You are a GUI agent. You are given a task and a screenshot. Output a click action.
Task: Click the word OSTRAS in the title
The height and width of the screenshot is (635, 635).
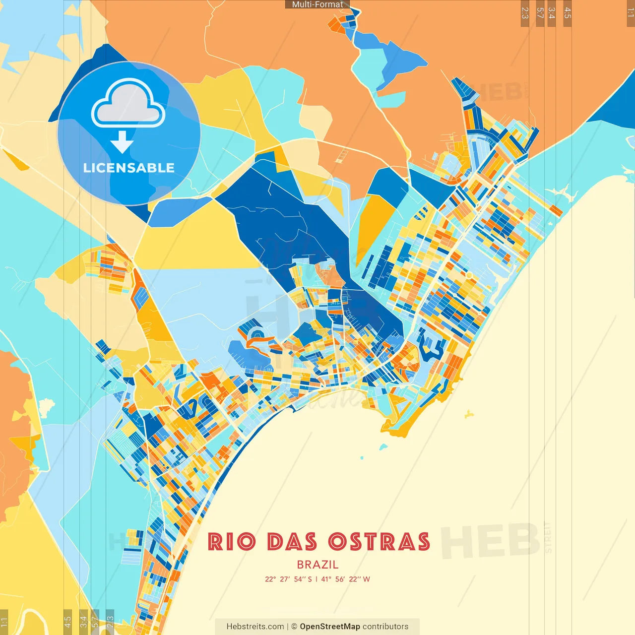pos(379,542)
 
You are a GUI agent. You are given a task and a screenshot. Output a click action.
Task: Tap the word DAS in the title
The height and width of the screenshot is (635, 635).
pos(292,542)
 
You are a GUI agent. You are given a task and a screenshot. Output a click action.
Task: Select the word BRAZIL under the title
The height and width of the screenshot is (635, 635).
pos(317,565)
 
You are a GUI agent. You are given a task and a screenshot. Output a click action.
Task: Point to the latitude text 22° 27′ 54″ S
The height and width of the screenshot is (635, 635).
pos(288,579)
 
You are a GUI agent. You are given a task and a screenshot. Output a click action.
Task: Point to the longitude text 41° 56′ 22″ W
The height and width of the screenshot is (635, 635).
pos(345,579)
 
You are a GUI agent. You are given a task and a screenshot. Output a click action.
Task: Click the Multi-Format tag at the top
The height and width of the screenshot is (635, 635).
pos(317,4)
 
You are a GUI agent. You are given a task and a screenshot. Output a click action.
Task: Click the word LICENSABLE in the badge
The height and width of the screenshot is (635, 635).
pos(128,168)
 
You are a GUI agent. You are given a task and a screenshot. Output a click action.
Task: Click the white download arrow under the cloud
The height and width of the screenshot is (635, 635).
pos(122,143)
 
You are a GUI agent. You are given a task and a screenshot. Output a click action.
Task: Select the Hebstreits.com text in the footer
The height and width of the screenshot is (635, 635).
pos(255,627)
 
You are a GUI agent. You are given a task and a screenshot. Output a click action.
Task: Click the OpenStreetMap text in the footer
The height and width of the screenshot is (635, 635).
pos(330,627)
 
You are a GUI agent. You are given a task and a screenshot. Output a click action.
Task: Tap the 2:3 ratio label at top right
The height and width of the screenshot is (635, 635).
pos(525,13)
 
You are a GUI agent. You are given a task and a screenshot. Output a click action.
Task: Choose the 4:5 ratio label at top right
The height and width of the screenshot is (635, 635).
pos(568,13)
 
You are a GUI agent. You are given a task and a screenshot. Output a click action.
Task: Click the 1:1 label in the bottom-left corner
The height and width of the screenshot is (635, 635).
pos(4,622)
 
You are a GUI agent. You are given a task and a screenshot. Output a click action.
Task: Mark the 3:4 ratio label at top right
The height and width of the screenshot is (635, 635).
pos(551,13)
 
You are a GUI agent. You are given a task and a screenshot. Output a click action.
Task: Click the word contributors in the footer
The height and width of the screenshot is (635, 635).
pos(385,627)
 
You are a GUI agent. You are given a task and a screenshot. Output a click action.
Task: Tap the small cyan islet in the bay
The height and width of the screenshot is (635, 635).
pos(383,447)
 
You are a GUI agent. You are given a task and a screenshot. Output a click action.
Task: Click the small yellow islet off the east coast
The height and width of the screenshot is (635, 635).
pos(468,414)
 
